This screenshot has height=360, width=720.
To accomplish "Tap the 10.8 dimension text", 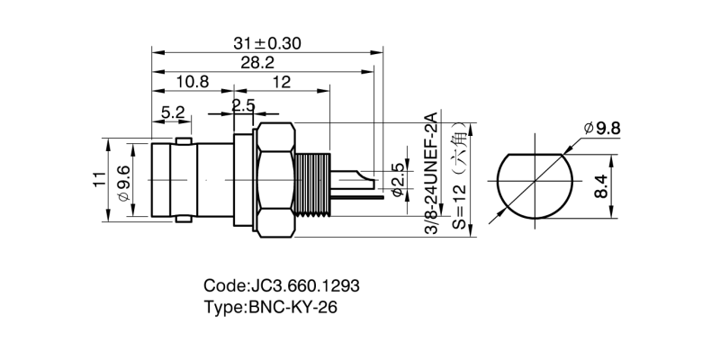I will pyautogui.click(x=192, y=82).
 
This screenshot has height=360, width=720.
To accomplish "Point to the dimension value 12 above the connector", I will pyautogui.click(x=281, y=82).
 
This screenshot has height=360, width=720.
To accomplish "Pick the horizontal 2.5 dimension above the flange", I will pyautogui.click(x=243, y=105).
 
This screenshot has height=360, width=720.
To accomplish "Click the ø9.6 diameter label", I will pyautogui.click(x=123, y=178).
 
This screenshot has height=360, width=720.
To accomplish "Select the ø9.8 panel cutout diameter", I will pyautogui.click(x=602, y=129).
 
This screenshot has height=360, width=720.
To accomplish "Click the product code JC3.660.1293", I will pyautogui.click(x=302, y=285).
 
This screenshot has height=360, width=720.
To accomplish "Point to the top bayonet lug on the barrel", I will pyautogui.click(x=184, y=140).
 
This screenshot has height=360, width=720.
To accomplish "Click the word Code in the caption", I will pyautogui.click(x=224, y=285).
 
